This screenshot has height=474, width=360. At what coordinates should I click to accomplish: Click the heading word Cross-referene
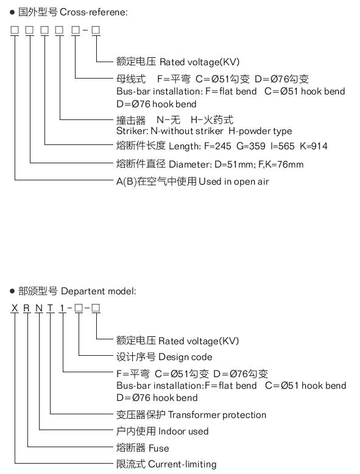tap(93, 12)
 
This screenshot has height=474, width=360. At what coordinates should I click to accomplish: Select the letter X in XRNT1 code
tap(15, 308)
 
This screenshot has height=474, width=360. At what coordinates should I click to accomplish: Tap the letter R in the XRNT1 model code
tap(27, 308)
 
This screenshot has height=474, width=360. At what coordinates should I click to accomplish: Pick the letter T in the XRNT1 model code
tap(50, 308)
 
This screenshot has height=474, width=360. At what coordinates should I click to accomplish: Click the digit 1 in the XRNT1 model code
tap(62, 308)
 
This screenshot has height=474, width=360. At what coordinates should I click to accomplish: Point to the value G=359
tap(251, 146)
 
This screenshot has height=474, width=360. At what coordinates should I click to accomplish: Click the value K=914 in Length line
tap(314, 146)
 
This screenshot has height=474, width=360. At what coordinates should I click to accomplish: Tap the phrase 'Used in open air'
tap(234, 182)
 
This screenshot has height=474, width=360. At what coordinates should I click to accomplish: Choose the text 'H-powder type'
tap(260, 131)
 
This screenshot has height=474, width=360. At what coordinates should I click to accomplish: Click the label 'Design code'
tap(185, 357)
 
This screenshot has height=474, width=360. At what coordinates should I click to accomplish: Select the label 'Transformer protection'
tap(217, 415)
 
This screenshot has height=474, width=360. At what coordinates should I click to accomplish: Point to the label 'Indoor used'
tap(183, 431)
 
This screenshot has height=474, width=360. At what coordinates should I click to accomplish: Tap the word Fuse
tap(159, 448)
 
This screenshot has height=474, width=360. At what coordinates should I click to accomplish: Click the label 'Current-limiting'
tap(183, 464)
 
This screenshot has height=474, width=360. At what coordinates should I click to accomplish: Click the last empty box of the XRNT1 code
tap(96, 308)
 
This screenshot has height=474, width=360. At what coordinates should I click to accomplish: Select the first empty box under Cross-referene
tap(15, 30)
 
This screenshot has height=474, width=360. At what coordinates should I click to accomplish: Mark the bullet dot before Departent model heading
tap(12, 291)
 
